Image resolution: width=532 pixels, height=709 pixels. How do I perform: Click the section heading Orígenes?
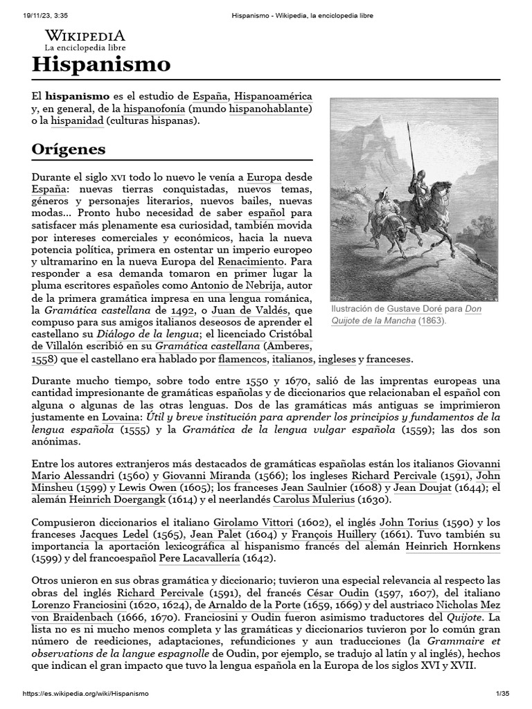(x=69, y=149)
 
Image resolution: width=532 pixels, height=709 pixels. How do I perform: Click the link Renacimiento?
(x=251, y=262)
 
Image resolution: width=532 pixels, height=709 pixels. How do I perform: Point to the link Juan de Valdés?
(x=249, y=311)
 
